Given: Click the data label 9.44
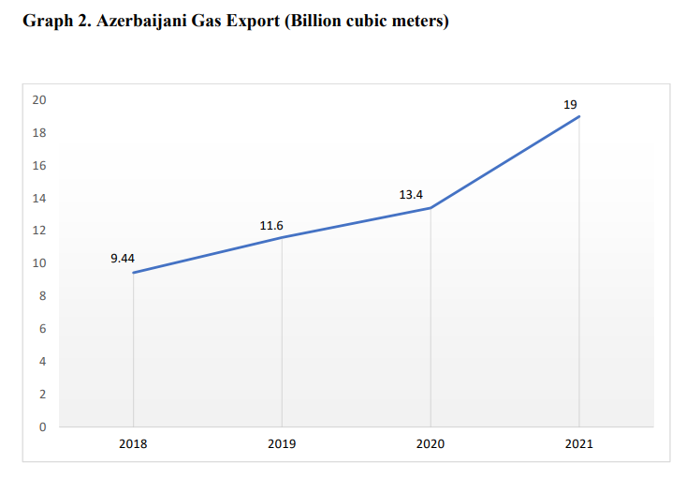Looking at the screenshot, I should pos(123,258).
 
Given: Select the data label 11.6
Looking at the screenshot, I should pos(271,225).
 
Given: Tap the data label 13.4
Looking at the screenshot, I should pos(411,194).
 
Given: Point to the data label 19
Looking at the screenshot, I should pos(570,104).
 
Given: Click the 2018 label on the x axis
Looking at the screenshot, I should pos(133,444).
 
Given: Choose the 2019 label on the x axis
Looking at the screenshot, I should pos(282,444).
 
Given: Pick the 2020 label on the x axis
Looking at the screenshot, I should pos(431,444).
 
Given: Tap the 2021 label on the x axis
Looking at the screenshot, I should pos(579,444).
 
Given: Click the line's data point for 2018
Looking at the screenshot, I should pos(133,273).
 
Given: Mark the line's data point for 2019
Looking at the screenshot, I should pos(282,237).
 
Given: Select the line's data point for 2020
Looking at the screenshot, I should pos(431,208).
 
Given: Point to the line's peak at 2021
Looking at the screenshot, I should pos(579,116).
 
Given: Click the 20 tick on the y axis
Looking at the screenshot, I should pos(39,100).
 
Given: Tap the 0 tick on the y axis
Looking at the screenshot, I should pos(42,426).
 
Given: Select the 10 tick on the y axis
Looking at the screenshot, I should pos(39,263).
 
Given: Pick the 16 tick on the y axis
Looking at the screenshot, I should pos(39,166).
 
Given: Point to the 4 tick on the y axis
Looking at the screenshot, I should pos(42,362).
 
